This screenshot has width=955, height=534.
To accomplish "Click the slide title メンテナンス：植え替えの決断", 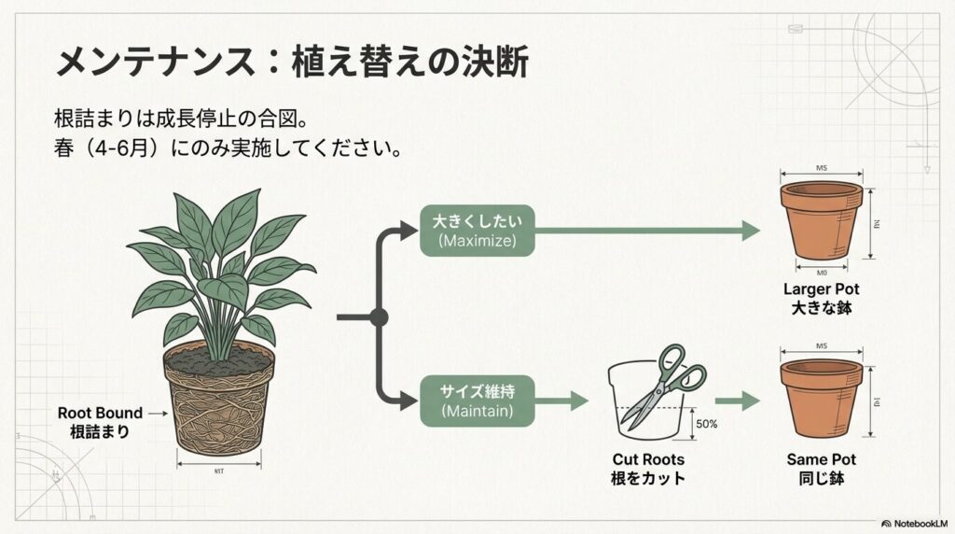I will click(x=292, y=63).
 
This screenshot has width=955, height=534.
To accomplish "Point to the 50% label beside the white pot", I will click(x=706, y=424).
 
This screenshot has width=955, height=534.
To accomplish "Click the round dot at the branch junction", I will click(x=379, y=316).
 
